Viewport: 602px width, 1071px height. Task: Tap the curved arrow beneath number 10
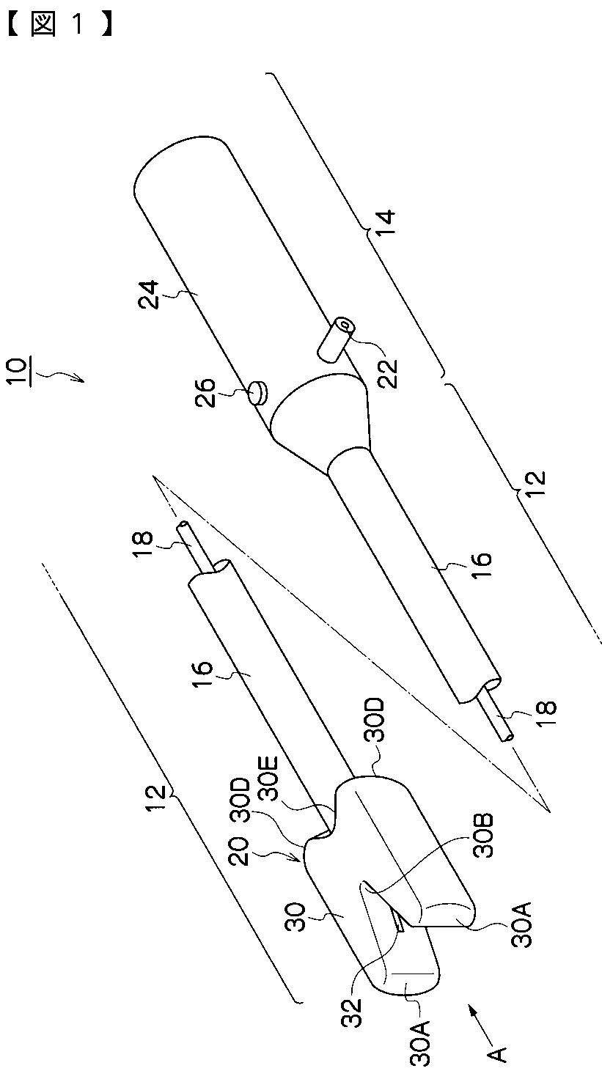(x=65, y=377)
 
